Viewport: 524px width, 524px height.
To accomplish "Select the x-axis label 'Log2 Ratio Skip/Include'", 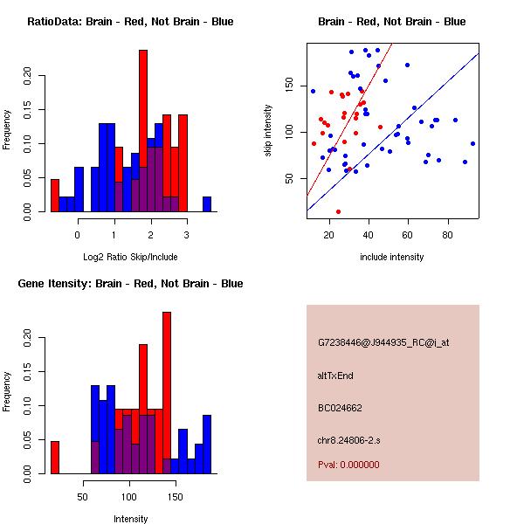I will [130, 257].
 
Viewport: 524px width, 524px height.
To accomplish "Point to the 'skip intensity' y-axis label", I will [268, 131].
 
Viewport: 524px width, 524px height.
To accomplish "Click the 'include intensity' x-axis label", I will [391, 257].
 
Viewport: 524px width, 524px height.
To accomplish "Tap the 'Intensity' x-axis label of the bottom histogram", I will [130, 519].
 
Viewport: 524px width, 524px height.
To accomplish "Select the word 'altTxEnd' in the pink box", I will [335, 376].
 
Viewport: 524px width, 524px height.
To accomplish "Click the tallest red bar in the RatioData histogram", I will [143, 131].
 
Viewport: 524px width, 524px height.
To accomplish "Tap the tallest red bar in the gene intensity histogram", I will [167, 393].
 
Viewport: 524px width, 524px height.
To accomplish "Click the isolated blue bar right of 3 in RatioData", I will [207, 204].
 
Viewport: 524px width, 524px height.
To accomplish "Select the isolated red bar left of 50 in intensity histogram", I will [55, 457].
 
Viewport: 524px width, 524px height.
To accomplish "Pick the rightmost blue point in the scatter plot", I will [472, 143].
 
